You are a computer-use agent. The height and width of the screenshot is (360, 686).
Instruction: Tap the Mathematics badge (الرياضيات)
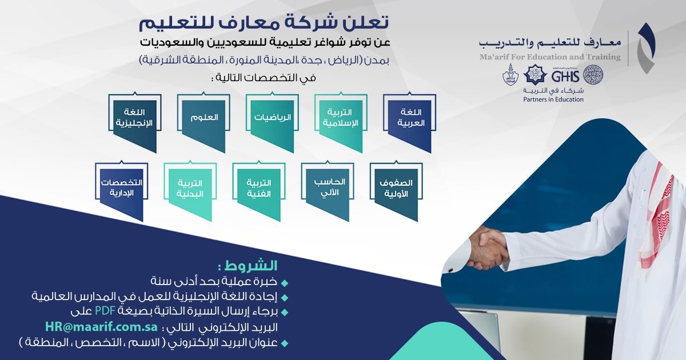[273, 118]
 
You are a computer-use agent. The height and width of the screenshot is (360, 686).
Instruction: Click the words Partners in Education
[553, 99]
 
